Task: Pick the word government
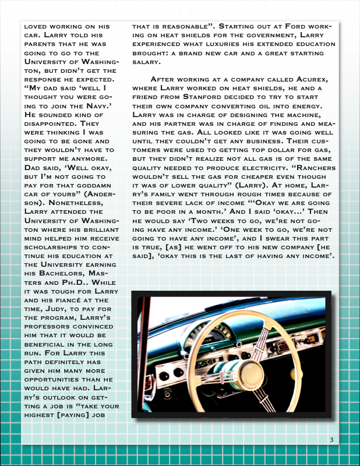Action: click(x=282, y=35)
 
